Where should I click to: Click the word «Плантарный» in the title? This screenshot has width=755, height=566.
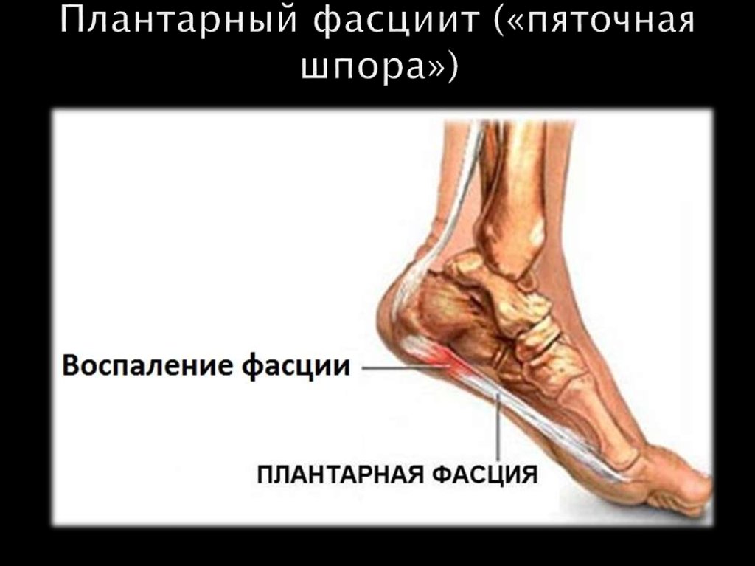point(176,21)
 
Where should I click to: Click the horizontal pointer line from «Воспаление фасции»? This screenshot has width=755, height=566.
point(398,367)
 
